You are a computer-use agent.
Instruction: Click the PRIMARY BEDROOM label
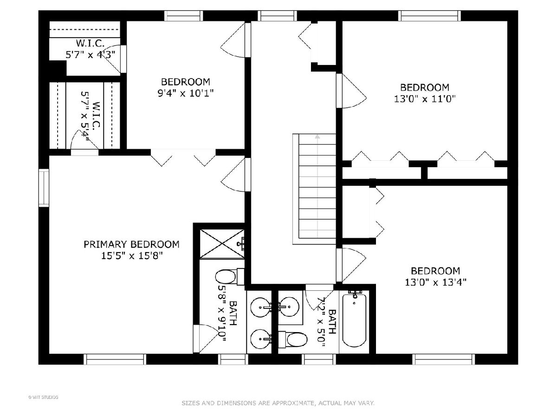pos(131,244)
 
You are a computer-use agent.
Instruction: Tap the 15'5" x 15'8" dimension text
pos(131,255)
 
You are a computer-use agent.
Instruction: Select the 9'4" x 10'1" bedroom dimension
pos(186,93)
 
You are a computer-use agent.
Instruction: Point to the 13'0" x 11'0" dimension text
pos(425,98)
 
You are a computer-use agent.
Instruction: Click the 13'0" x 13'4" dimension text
pos(435,282)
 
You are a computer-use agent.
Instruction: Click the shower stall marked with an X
pos(222,244)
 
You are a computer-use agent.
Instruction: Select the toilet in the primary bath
pos(230,277)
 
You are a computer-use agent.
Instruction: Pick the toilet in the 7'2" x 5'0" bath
pos(293,340)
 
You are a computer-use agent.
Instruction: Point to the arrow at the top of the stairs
pos(317,137)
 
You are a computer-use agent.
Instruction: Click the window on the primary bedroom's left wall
pos(44,188)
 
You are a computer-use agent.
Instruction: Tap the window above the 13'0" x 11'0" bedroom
pos(429,16)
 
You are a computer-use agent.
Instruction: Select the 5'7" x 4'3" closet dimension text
pos(91,54)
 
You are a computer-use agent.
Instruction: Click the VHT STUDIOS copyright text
pos(43,397)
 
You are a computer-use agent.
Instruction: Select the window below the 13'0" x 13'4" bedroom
pos(444,359)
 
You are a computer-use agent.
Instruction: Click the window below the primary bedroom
pos(115,359)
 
